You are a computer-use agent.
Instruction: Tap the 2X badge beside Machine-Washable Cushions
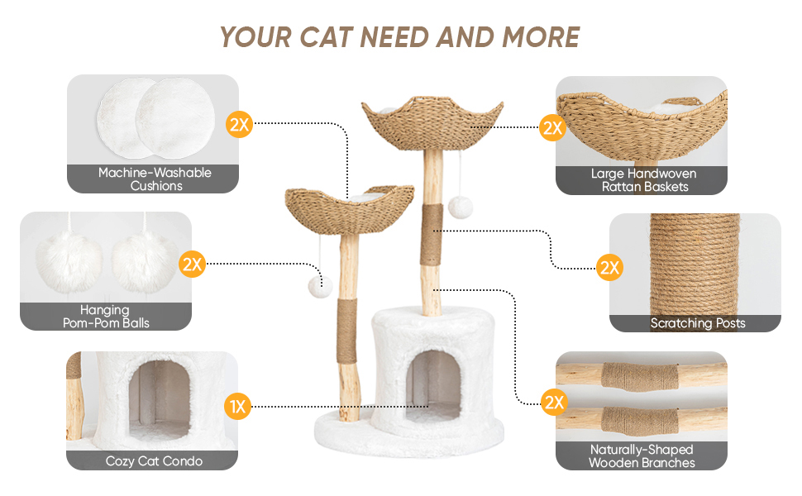coord(238,126)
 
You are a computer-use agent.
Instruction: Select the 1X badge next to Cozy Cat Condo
coord(236,406)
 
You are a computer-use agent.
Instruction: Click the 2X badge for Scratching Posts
coord(609,267)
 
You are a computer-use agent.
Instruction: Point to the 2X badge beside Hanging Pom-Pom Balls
coord(192,265)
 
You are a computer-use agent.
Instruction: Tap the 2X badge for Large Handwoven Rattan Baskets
coord(551,127)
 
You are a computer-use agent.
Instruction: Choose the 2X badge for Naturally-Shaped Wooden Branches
coord(553,403)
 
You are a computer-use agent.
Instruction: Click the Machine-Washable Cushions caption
coord(155,179)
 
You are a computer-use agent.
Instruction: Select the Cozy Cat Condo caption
coord(154,460)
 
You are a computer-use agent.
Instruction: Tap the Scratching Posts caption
coord(697,323)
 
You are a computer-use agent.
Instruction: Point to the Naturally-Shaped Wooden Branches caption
coord(642,456)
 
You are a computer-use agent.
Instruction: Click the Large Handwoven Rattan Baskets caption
coord(642,180)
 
